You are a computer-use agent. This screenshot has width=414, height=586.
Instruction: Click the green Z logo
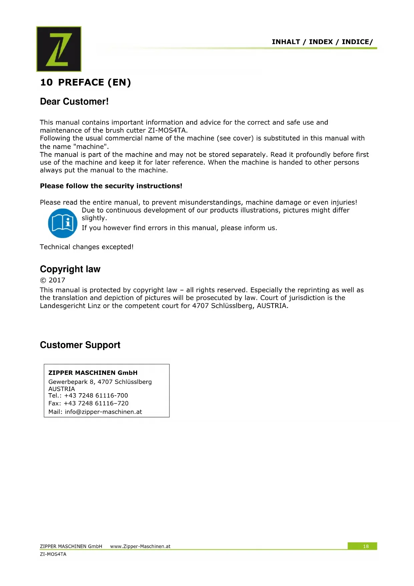(59, 49)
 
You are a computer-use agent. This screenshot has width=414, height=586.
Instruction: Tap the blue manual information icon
(63, 223)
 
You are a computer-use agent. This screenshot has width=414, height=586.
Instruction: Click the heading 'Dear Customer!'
(74, 102)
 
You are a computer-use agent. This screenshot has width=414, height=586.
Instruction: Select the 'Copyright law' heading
(70, 269)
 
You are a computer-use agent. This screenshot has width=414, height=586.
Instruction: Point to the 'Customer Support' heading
(80, 345)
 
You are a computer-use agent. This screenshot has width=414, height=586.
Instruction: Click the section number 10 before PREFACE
(46, 83)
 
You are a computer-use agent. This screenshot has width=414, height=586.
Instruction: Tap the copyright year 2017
(57, 280)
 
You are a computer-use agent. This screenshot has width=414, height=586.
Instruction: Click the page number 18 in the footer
(366, 546)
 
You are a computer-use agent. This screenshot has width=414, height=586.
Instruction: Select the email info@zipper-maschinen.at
(103, 412)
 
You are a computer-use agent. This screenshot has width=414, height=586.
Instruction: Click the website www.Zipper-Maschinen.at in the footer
(140, 546)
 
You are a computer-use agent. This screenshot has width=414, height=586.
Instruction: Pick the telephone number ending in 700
(96, 396)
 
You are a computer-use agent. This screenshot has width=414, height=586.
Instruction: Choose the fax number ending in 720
(96, 403)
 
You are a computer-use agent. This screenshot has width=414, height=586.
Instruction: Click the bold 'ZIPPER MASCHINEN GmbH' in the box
(93, 373)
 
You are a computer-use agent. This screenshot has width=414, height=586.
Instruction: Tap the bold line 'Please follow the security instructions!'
(111, 186)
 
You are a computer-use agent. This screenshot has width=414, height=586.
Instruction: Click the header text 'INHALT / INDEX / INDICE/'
(322, 42)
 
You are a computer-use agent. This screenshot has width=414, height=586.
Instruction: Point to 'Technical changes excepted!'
(86, 247)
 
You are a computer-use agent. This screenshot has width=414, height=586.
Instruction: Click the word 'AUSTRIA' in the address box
(62, 389)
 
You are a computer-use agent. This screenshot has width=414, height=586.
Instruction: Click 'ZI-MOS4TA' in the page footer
(53, 554)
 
